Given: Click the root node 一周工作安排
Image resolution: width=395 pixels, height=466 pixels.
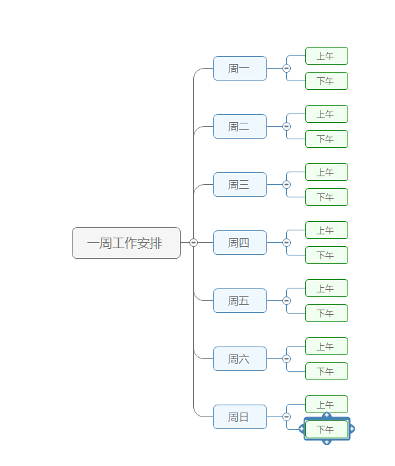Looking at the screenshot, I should point(126,243).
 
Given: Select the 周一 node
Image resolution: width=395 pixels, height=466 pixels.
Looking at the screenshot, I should point(239,69).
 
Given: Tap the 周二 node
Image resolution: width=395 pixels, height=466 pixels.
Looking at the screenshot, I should point(239,127).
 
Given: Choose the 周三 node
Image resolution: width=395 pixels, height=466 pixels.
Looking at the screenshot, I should point(239,185).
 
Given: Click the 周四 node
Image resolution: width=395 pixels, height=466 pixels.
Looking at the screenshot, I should point(239,243).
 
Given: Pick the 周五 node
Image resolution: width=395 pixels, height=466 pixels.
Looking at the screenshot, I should point(239,301).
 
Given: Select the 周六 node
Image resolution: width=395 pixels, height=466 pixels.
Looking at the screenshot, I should point(239,359).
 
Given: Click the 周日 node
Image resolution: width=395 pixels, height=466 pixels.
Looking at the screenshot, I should point(239,417).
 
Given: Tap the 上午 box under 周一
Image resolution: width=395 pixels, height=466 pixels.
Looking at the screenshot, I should point(326,56).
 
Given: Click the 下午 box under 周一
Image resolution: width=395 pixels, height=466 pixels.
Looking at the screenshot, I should point(326,81).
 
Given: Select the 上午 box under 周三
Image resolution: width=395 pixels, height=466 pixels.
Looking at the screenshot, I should point(326,172).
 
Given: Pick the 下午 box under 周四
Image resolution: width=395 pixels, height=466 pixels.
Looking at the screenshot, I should point(326,255).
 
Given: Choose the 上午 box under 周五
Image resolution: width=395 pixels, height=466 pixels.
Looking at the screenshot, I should point(326,288).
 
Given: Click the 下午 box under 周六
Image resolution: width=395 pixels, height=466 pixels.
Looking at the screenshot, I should point(326,372).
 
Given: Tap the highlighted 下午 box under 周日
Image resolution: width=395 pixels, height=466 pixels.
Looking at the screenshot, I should point(326,430).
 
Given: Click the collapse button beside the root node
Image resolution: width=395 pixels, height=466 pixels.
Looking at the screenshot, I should point(193,243).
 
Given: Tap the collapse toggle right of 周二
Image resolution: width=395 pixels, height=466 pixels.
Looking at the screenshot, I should point(286,127).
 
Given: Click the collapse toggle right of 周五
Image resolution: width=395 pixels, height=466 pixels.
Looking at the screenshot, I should point(286,301).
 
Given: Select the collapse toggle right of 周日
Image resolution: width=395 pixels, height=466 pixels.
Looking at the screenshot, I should point(286,417).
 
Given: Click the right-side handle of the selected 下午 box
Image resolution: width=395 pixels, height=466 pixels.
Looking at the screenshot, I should point(351,429).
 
